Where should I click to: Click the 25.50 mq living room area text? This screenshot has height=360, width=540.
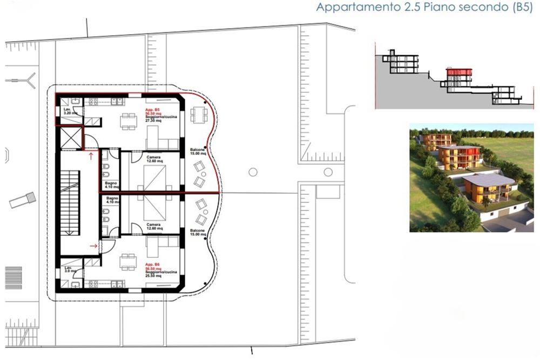pyautogui.click(x=152, y=276)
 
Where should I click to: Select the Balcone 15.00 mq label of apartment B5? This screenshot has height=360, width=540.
pyautogui.click(x=198, y=151)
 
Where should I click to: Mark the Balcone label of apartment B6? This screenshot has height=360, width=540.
pyautogui.click(x=198, y=233)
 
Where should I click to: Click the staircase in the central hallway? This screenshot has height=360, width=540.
pyautogui.click(x=69, y=202)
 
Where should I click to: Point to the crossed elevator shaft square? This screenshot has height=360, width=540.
pyautogui.click(x=71, y=138)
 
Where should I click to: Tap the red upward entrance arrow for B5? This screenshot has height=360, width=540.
pyautogui.click(x=90, y=156)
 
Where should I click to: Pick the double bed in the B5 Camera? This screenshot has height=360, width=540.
pyautogui.click(x=154, y=178)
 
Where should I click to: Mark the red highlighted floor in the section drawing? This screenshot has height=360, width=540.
pyautogui.click(x=458, y=72)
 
